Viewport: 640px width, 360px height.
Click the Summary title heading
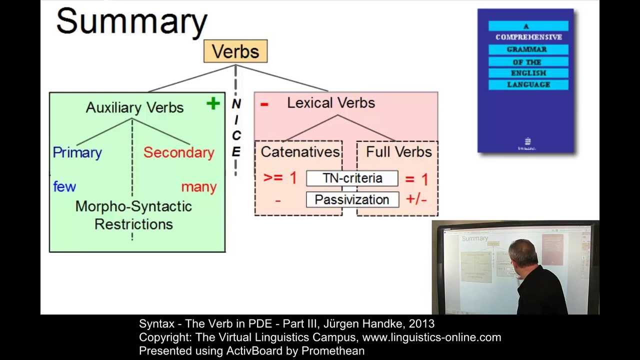click(131, 22)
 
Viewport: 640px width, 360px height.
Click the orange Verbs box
click(235, 51)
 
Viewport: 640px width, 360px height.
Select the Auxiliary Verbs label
click(134, 107)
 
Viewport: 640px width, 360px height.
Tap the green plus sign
click(213, 103)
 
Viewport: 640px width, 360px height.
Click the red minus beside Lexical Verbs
click(264, 104)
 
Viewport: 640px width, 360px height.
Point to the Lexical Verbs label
click(330, 103)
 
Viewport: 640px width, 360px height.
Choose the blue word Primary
click(77, 152)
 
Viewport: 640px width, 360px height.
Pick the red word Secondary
click(178, 152)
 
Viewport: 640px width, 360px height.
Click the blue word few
click(64, 186)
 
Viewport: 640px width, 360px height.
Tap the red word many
click(198, 187)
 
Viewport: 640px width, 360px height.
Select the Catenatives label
click(300, 152)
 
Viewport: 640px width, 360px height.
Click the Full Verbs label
click(398, 152)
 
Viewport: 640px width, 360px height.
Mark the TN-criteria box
click(352, 178)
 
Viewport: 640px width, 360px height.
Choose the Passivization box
click(352, 200)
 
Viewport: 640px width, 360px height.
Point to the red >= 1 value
click(279, 178)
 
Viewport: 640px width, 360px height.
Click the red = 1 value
click(416, 179)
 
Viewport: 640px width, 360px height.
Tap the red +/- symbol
click(416, 199)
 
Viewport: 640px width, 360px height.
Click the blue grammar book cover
click(525, 80)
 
